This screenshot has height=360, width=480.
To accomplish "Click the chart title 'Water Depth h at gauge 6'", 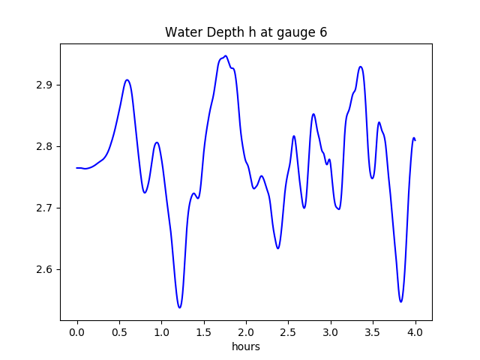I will pos(246,32).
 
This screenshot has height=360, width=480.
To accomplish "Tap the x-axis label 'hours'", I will pos(246,346).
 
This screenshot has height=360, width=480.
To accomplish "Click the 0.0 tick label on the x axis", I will pos(77,331).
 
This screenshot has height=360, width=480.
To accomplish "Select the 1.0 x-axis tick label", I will pos(162,331).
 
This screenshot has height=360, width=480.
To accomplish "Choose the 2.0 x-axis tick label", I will pos(246,331).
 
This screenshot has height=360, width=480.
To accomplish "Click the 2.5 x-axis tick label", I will pos(289,331).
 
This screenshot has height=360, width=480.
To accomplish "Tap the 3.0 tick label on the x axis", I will pos(331,331).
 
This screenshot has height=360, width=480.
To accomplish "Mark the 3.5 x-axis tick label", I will pos(373,331).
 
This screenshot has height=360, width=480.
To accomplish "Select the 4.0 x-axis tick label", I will pos(415,331).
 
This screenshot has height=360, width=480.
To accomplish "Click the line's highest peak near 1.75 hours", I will pos(225,56).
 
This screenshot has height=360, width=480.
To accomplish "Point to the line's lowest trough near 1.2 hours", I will pos(179,307).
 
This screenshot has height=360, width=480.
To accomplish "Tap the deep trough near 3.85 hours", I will pos(401,301).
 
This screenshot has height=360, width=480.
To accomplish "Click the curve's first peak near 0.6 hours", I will pos(127,79).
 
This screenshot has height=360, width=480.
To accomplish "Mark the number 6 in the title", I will pos(323,32).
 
